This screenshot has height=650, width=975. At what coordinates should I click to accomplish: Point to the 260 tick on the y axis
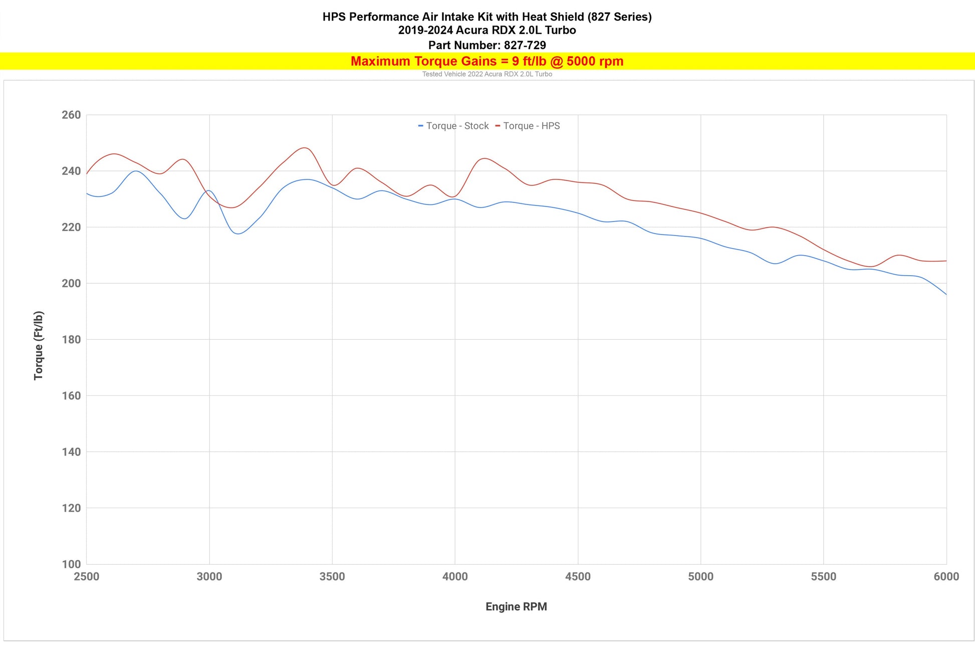71,115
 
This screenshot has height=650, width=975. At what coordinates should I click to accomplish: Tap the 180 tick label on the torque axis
71,339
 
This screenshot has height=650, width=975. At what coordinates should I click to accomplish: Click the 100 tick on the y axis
71,564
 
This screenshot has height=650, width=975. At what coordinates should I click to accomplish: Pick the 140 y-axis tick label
71,452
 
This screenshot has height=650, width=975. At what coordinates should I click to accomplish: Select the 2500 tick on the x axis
87,576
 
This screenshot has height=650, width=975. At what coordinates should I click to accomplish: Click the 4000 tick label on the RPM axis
455,576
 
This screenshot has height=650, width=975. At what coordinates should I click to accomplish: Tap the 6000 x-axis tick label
946,576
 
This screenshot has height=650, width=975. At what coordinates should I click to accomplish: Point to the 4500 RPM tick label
578,576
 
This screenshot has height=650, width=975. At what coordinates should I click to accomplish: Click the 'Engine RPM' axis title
516,606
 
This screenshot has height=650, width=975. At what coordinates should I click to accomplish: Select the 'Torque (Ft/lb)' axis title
39,345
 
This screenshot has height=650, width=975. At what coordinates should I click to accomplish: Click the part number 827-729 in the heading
525,45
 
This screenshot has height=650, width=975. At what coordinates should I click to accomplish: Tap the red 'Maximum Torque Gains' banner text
487,61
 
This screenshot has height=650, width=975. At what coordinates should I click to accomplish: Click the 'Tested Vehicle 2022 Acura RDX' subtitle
487,74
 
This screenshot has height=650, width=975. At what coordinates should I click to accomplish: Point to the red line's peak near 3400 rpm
304,148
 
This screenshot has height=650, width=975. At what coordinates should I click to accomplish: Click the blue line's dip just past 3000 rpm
237,234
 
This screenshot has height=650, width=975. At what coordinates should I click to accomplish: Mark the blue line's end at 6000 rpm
946,294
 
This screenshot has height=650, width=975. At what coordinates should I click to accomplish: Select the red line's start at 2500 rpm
87,174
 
